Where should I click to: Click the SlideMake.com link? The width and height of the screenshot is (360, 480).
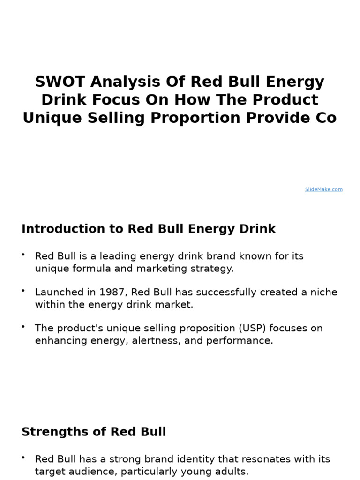(323, 189)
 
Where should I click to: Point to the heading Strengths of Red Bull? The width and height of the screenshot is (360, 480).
(94, 432)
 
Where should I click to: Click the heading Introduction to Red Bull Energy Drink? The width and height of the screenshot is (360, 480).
(149, 229)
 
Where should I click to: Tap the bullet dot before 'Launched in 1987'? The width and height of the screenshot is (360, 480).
(23, 291)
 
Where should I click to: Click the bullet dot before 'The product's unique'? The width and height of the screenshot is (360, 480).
(23, 327)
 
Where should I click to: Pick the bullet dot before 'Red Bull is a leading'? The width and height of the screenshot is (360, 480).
(23, 255)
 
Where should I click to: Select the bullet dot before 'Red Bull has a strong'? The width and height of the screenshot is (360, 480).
(23, 457)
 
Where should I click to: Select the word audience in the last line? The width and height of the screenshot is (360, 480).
(90, 472)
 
